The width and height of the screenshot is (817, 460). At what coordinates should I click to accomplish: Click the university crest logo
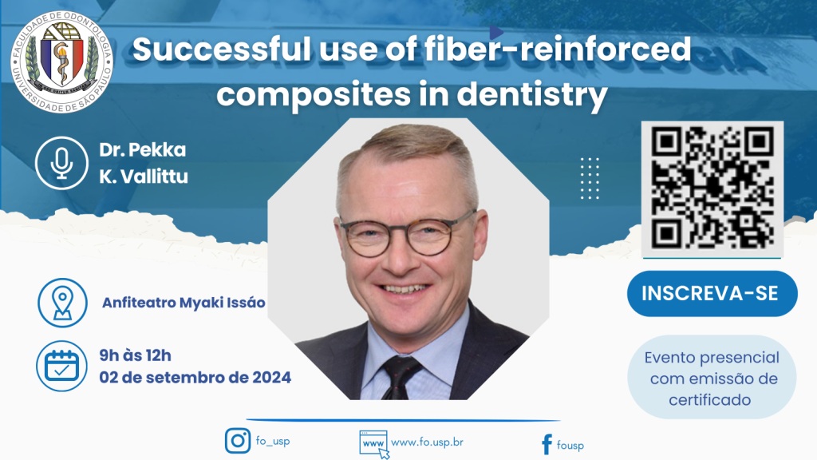pos(62,62)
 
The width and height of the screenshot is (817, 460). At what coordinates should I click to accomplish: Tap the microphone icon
pos(61,163)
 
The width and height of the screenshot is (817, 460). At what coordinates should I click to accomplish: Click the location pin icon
pos(62,303)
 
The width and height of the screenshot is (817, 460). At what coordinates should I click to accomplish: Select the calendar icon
pos(62,366)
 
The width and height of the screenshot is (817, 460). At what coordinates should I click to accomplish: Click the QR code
pos(712,188)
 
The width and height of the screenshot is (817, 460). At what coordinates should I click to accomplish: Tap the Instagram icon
pos(238,441)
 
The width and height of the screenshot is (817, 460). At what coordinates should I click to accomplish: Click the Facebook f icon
pos(547,445)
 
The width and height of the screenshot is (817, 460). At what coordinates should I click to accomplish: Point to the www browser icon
pos(374,444)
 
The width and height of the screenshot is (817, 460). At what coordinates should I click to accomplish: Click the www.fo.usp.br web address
pos(428,442)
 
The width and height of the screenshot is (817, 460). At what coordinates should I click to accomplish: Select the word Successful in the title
pos(222,50)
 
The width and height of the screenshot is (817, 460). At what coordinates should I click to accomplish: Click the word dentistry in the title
pos(532,95)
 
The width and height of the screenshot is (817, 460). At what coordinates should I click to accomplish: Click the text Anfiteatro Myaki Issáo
pos(184,303)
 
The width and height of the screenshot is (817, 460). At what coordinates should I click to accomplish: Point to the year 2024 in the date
pos(271,377)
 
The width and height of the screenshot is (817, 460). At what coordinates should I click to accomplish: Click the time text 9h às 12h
pos(135,355)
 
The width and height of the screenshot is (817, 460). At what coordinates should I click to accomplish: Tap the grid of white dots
pos(590,178)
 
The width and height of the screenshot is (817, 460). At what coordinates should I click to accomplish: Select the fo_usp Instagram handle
pos(273,441)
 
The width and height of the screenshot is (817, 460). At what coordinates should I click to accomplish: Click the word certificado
pos(709,400)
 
